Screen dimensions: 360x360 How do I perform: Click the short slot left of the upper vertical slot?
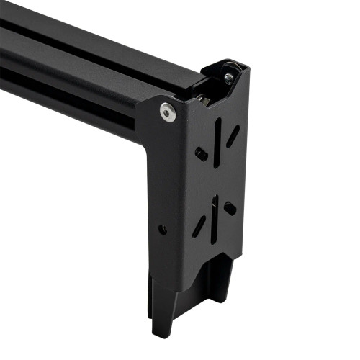202,153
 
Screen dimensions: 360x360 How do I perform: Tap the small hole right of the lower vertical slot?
229,207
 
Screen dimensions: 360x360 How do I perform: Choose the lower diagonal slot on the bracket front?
199,225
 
